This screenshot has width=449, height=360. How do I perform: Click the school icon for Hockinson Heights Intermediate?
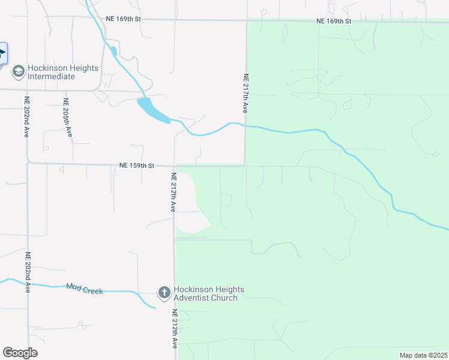point(18,72)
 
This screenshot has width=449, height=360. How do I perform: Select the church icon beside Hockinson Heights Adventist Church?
point(164,293)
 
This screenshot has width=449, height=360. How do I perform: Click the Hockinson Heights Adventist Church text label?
point(205,293)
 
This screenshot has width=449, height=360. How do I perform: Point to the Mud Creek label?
point(85,290)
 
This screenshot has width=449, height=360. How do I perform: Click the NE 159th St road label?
point(137,165)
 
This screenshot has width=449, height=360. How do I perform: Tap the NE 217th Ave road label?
point(245,94)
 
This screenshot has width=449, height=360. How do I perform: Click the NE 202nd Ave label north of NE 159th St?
point(27,118)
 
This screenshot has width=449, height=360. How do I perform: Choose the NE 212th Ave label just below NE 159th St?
point(173,192)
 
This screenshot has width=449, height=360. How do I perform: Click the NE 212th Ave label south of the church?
point(175,329)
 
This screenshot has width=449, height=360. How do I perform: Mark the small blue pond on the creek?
point(153,111)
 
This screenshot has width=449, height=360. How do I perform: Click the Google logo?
point(20,353)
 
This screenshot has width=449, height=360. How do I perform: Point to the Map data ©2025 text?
point(423,355)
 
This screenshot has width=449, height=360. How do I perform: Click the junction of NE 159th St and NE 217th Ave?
point(245,165)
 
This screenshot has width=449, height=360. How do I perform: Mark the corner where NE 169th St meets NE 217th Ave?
point(246,20)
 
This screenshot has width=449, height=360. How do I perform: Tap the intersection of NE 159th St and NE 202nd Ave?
point(28,163)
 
